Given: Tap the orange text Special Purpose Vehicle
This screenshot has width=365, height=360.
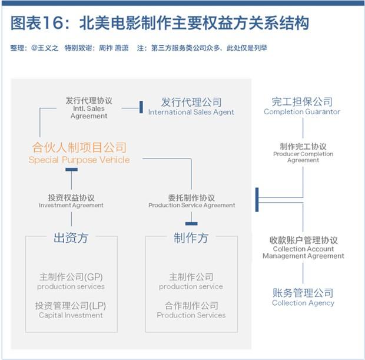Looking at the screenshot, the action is pyautogui.click(x=79, y=160).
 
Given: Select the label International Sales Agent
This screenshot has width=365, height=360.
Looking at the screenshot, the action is pyautogui.click(x=191, y=112).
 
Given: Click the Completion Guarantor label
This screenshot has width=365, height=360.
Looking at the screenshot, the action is pyautogui.click(x=302, y=111).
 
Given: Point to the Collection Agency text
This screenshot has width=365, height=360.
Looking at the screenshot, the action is pyautogui.click(x=303, y=303).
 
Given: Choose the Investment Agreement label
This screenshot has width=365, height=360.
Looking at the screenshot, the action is pyautogui.click(x=71, y=205).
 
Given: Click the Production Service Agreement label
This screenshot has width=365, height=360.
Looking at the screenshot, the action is pyautogui.click(x=191, y=205).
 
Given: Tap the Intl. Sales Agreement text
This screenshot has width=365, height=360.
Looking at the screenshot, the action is pyautogui.click(x=89, y=112).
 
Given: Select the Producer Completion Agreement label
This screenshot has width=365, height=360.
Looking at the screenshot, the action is pyautogui.click(x=303, y=157).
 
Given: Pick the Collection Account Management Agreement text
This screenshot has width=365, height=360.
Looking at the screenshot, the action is pyautogui.click(x=303, y=252).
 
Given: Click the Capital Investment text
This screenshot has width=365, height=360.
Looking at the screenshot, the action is pyautogui.click(x=71, y=315).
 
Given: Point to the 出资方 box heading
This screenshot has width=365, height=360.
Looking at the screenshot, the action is pyautogui.click(x=71, y=238).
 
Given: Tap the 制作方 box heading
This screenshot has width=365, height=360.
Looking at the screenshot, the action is pyautogui.click(x=191, y=238).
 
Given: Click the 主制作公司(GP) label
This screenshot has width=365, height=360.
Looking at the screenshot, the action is pyautogui.click(x=71, y=277).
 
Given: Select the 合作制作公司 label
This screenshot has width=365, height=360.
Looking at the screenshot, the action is pyautogui.click(x=191, y=305).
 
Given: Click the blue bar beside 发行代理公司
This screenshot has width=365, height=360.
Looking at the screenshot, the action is pyautogui.click(x=141, y=107).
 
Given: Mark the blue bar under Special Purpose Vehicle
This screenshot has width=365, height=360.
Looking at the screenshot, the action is pyautogui.click(x=71, y=170).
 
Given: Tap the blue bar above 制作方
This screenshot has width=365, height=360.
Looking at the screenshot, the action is pyautogui.click(x=191, y=224).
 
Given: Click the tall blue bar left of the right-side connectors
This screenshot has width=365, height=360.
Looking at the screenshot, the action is pyautogui.click(x=257, y=200).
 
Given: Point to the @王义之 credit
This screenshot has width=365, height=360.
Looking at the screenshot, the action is pyautogui.click(x=45, y=48).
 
